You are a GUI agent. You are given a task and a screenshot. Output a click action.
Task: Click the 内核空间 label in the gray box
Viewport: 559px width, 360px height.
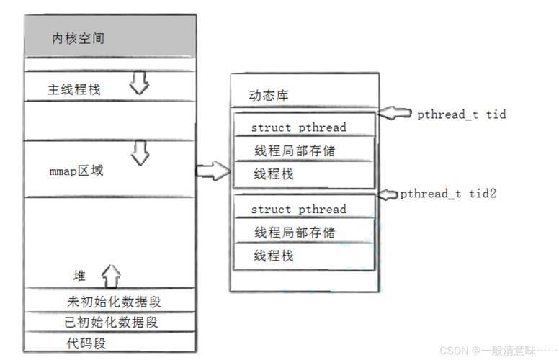(78, 38)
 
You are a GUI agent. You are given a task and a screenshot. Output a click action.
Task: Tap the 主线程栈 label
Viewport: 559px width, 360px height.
(74, 90)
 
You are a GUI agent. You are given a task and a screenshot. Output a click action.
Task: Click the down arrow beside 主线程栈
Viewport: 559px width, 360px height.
(139, 86)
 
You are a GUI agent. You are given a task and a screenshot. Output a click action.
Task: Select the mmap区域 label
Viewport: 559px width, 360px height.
(76, 171)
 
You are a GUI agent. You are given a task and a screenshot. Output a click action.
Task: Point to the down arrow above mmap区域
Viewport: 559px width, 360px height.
(140, 153)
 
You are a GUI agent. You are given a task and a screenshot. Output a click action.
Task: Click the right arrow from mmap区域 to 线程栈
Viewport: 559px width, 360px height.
(213, 171)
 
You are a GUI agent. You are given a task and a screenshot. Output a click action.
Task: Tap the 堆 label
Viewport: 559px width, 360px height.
(79, 276)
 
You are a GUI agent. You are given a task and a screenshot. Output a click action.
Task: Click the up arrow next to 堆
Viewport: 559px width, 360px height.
(111, 275)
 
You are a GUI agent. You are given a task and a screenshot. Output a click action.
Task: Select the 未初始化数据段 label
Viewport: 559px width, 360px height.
(115, 301)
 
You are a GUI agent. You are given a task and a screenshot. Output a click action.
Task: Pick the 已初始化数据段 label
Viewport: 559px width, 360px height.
(111, 322)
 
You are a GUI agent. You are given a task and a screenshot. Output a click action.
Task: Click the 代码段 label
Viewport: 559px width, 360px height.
(86, 343)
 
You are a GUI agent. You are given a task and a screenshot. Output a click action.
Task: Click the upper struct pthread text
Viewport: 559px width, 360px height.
(298, 127)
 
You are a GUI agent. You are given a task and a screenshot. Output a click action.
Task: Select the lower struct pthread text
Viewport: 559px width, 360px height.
(298, 210)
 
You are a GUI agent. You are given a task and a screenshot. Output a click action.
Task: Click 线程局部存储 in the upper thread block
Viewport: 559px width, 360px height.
(294, 150)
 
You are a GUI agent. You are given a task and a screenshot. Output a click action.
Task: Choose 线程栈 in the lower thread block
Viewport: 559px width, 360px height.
(274, 256)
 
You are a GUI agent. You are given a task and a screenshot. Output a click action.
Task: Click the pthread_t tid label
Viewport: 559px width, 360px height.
(461, 114)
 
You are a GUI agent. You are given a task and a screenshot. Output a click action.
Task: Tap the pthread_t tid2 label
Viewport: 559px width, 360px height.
(448, 194)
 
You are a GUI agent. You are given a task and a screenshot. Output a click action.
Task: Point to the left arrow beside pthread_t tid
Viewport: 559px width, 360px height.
(395, 113)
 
